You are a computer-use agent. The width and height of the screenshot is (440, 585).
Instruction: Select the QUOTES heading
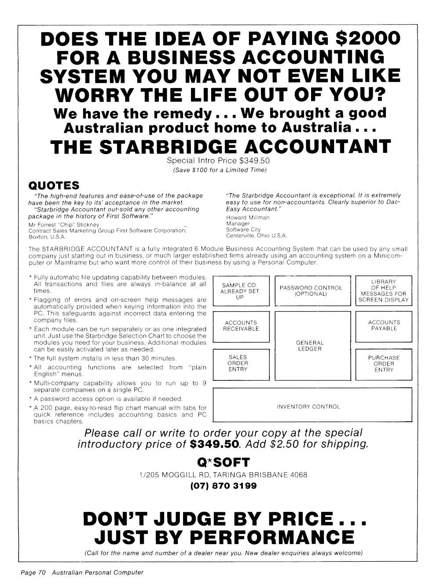click(x=53, y=185)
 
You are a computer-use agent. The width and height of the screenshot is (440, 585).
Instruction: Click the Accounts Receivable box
click(x=241, y=326)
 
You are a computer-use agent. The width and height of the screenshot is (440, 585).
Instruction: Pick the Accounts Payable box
click(x=384, y=326)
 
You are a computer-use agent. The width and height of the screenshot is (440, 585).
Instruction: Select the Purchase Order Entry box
click(x=384, y=364)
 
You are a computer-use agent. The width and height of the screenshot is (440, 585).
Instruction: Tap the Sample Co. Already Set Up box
click(x=241, y=291)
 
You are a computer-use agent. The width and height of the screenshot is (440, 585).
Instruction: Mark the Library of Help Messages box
click(x=384, y=291)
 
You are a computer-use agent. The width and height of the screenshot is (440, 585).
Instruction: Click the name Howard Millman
click(x=248, y=217)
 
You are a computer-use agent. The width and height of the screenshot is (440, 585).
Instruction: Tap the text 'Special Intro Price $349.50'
click(x=218, y=161)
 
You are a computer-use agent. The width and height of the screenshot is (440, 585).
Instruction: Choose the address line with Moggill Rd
click(x=223, y=475)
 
